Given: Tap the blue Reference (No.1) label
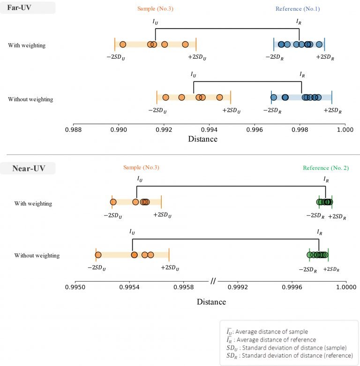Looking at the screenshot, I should click(x=298, y=9).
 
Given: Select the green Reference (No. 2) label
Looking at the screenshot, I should click(x=326, y=168).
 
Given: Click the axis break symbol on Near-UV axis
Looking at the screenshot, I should click(x=213, y=281).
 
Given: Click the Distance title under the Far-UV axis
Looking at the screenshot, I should click(x=202, y=139).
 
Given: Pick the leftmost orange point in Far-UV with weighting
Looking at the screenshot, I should click(x=122, y=45).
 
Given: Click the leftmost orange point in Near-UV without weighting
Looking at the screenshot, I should click(x=98, y=255).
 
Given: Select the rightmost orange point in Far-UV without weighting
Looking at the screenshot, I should click(x=219, y=98).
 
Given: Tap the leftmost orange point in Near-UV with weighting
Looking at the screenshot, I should click(x=113, y=202).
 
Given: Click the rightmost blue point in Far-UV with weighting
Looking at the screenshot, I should click(x=319, y=45).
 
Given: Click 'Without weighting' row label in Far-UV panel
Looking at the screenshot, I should click(x=30, y=99).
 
